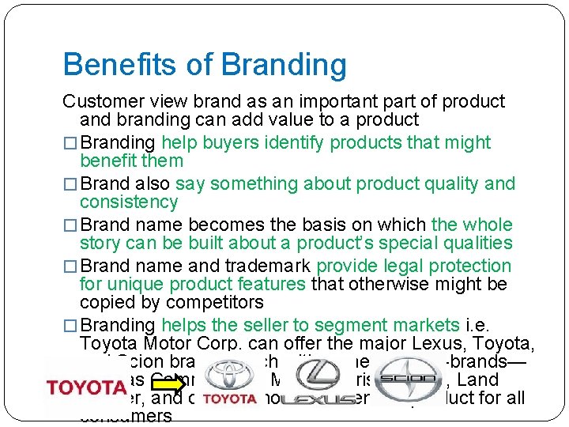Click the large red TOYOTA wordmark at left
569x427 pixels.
coord(85,387)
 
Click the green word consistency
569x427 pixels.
coord(129,202)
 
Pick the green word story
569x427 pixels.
coord(100,243)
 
